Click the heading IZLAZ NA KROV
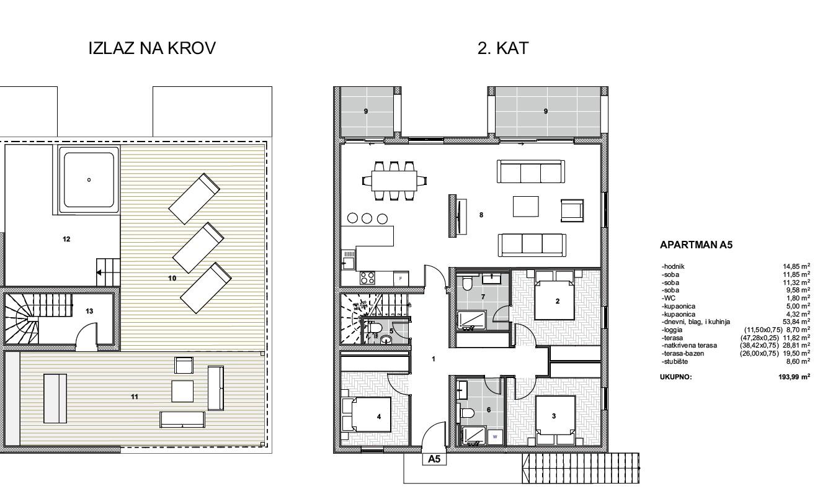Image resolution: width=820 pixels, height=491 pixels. [x=152, y=48]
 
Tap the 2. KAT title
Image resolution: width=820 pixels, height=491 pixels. [x=503, y=48]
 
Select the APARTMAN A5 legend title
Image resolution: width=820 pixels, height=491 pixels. [x=697, y=245]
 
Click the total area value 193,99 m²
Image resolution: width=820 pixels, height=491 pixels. [x=794, y=377]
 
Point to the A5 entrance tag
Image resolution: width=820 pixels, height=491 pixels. [x=434, y=459]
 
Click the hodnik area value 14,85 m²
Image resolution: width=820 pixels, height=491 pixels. [x=796, y=267]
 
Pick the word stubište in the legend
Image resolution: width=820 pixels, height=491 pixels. [x=675, y=362]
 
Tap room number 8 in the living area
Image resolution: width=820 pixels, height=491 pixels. [x=481, y=215]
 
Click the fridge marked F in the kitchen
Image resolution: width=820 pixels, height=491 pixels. [x=401, y=279]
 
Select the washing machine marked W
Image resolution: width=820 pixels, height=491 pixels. [x=495, y=437]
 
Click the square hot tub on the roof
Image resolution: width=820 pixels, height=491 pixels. [x=89, y=180]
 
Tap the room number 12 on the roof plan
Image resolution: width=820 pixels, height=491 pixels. [x=66, y=239]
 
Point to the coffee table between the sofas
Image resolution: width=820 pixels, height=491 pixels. [x=525, y=207]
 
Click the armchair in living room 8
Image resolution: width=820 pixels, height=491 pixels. [x=572, y=210]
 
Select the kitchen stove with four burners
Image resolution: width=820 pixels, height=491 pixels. [x=367, y=277]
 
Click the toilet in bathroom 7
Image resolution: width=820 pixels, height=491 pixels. [x=467, y=284]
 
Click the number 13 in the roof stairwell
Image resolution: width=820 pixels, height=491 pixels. [x=89, y=311]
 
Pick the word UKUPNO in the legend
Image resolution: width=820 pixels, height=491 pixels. [x=675, y=377]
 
